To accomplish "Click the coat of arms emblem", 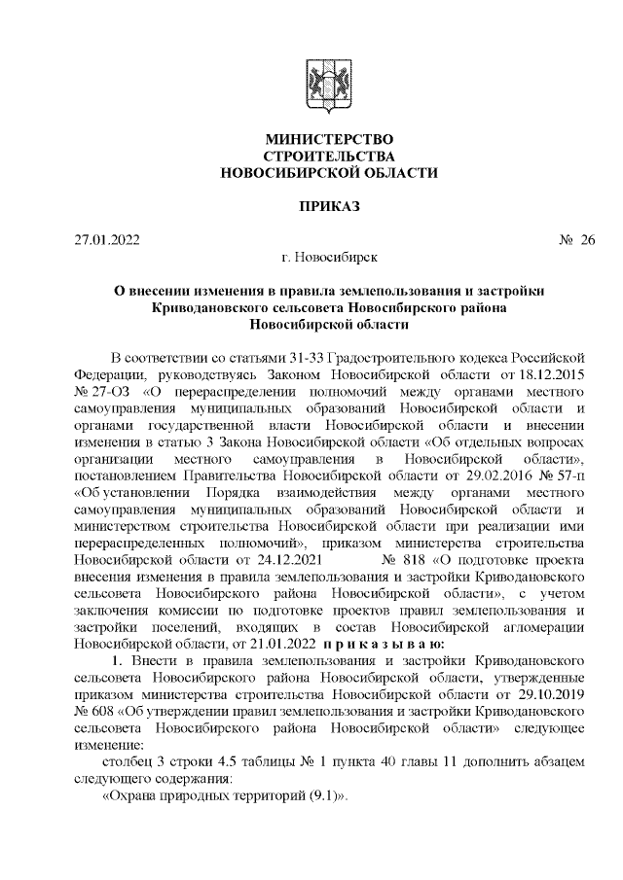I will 320,83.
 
